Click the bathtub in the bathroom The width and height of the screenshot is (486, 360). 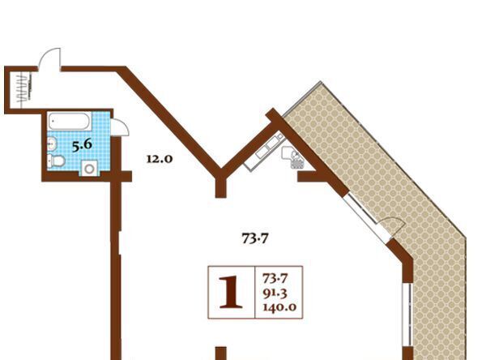(70, 121)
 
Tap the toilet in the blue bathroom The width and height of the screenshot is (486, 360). (57, 161)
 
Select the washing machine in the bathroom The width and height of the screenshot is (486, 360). (90, 169)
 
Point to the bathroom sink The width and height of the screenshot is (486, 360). (52, 144)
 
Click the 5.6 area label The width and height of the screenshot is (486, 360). (82, 145)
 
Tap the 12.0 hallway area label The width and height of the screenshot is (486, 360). (160, 159)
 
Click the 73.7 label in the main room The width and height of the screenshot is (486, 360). (255, 238)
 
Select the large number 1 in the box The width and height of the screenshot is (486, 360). (231, 293)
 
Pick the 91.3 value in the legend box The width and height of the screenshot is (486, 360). (275, 293)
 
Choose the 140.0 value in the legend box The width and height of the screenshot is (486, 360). (279, 307)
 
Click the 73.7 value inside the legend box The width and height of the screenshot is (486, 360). (275, 278)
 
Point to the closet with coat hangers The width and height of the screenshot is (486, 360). (20, 90)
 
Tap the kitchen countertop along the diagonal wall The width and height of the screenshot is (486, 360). (264, 150)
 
